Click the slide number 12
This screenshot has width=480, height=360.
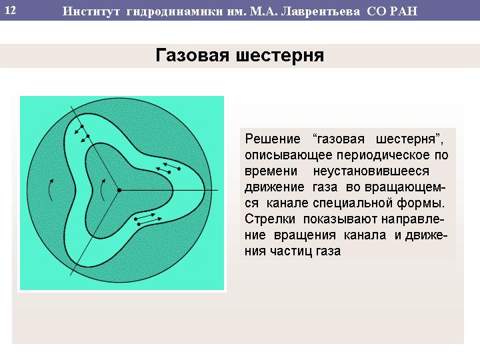pyautogui.click(x=11, y=11)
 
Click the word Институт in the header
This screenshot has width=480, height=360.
pyautogui.click(x=91, y=11)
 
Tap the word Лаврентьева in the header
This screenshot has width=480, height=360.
pyautogui.click(x=320, y=11)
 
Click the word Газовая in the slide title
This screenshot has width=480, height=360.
pyautogui.click(x=192, y=55)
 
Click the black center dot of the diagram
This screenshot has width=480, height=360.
pyautogui.click(x=119, y=190)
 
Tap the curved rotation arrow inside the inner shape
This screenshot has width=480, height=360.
pyautogui.click(x=103, y=190)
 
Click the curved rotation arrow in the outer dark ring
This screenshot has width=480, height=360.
pyautogui.click(x=51, y=190)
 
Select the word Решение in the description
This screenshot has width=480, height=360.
pyautogui.click(x=273, y=139)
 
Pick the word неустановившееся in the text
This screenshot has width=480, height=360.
pyautogui.click(x=371, y=171)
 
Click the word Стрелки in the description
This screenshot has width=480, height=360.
pyautogui.click(x=270, y=219)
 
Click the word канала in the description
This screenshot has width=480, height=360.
pyautogui.click(x=365, y=235)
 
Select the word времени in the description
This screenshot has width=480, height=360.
pyautogui.click(x=271, y=171)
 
